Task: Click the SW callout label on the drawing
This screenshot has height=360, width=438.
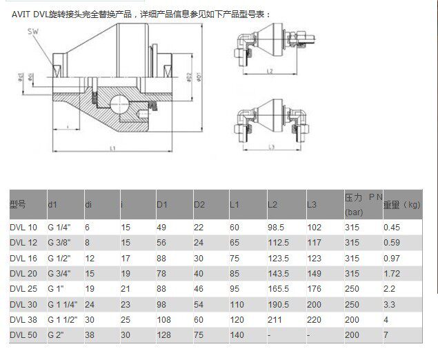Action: tap(32, 32)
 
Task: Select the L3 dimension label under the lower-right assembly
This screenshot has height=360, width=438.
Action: tap(272, 146)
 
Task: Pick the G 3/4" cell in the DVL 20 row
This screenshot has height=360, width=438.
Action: tap(59, 273)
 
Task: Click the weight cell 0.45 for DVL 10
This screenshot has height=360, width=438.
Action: tap(393, 227)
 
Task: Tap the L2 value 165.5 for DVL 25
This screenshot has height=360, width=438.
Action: tap(277, 288)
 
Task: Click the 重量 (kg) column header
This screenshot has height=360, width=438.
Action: tap(402, 204)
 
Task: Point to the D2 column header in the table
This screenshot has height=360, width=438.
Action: tap(199, 204)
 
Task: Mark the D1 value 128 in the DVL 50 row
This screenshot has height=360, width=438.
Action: tap(163, 334)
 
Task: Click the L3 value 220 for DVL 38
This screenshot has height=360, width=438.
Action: tap(314, 319)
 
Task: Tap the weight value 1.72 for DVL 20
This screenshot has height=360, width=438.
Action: tap(393, 273)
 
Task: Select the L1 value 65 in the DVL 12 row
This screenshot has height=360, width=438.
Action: tap(235, 243)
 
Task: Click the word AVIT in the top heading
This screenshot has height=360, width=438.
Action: tap(21, 14)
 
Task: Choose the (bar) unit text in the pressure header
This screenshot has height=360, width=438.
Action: tap(353, 212)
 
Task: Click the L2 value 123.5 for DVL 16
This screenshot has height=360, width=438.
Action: tap(277, 258)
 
